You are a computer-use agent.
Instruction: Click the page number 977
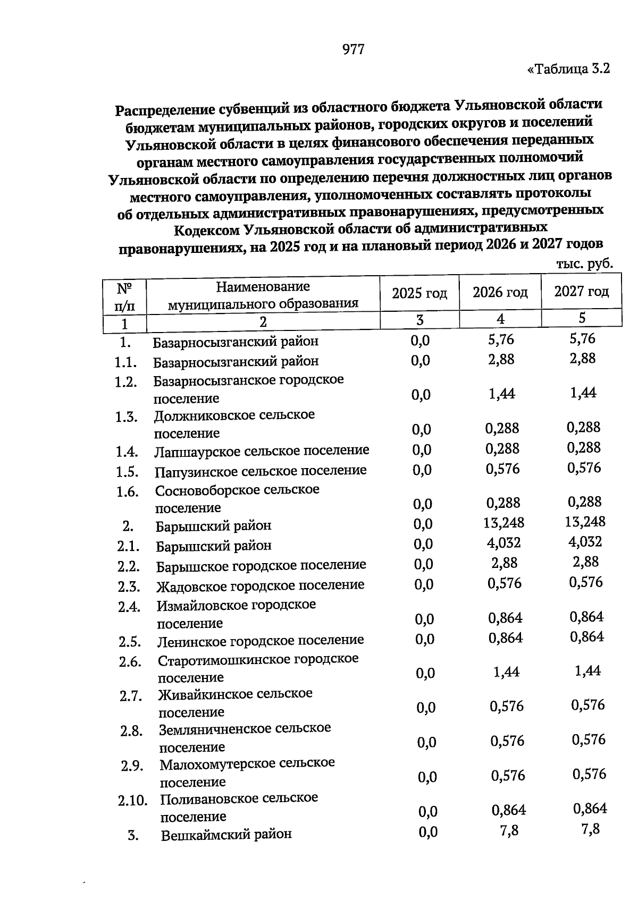pyautogui.click(x=354, y=49)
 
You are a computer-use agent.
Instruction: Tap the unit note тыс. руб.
pyautogui.click(x=584, y=263)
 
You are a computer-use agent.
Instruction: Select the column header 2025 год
pyautogui.click(x=419, y=293)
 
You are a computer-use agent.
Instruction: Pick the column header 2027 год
pyautogui.click(x=581, y=292)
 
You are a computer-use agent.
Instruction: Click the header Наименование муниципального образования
pyautogui.click(x=263, y=295)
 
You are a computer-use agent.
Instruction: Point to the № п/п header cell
pyautogui.click(x=124, y=296)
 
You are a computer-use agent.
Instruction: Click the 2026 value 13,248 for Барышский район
pyautogui.click(x=503, y=523)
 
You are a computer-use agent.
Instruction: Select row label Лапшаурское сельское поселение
pyautogui.click(x=262, y=451)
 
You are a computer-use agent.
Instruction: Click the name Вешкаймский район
pyautogui.click(x=226, y=835)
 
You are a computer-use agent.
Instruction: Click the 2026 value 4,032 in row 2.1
pyautogui.click(x=503, y=543)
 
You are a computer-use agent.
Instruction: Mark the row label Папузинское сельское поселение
pyautogui.click(x=261, y=471)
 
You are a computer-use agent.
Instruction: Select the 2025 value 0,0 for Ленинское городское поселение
pyautogui.click(x=424, y=639)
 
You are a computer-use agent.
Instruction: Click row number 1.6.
pyautogui.click(x=128, y=492)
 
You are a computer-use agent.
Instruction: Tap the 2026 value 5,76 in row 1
pyautogui.click(x=501, y=339)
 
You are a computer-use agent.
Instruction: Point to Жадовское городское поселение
pyautogui.click(x=261, y=585)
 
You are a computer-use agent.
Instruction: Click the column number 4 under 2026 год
pyautogui.click(x=500, y=319)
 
